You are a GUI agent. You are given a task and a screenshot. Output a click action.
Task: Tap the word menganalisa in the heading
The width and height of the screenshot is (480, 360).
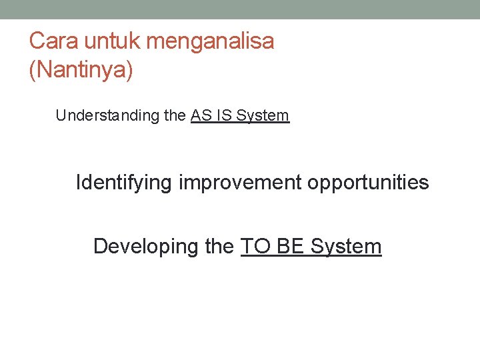tap(210, 41)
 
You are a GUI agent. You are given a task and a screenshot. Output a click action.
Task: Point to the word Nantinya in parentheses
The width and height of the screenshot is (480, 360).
tap(81, 71)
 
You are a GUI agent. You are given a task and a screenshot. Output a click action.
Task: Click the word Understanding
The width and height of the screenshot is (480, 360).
tap(107, 115)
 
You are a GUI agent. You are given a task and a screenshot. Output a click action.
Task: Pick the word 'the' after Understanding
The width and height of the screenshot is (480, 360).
tap(175, 115)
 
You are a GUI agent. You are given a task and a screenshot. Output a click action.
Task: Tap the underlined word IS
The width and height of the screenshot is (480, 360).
tap(223, 115)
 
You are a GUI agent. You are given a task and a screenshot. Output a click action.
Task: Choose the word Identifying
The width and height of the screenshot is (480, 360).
tap(124, 182)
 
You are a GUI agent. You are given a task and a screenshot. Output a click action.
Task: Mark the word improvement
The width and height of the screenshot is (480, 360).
tap(240, 182)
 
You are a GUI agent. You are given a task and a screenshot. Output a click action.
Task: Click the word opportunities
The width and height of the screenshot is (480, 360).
tap(368, 182)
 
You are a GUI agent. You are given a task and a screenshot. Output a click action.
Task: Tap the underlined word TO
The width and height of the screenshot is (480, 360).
tap(255, 246)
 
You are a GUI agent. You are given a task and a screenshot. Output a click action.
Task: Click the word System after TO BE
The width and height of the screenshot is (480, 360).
tap(346, 246)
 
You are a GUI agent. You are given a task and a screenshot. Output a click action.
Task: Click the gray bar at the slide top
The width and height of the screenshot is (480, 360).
tap(240, 9)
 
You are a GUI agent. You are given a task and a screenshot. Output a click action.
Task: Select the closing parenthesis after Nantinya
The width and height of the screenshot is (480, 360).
tap(129, 71)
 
